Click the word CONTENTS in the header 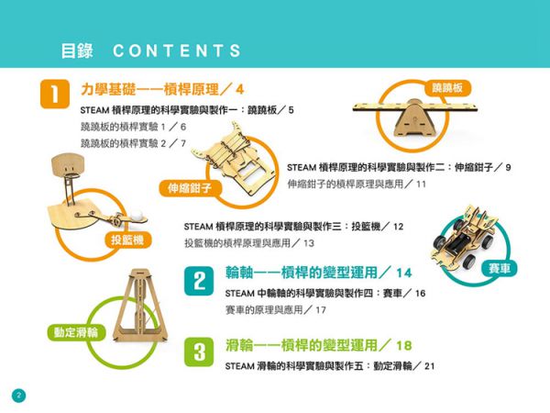tap(177, 50)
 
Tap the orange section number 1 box tap(55, 94)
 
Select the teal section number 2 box tap(199, 281)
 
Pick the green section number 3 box tap(199, 352)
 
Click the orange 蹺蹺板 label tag tap(447, 88)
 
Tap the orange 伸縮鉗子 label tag tap(190, 188)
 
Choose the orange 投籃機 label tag tap(127, 240)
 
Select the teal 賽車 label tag tap(500, 269)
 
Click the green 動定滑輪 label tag tap(76, 332)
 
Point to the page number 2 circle tap(19, 396)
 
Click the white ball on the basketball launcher tap(137, 216)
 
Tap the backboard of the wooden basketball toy tap(68, 164)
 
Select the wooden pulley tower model tap(140, 305)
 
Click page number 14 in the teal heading tap(403, 273)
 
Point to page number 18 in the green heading tap(403, 346)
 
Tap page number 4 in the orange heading tap(239, 90)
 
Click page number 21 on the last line tap(429, 366)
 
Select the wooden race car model tap(463, 239)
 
